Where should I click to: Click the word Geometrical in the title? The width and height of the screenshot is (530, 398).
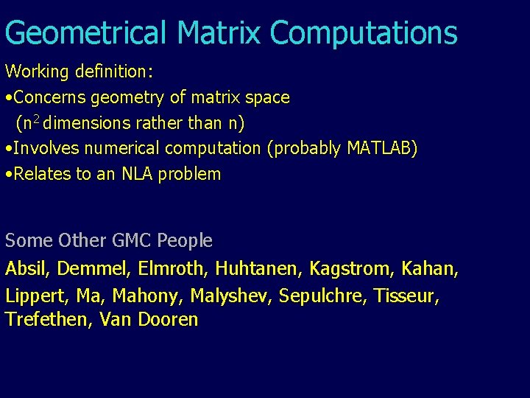click(x=86, y=33)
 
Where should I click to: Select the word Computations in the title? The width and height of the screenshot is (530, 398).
click(x=363, y=33)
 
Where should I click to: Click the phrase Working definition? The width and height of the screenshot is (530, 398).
click(x=79, y=71)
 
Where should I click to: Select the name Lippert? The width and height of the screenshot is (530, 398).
click(x=35, y=296)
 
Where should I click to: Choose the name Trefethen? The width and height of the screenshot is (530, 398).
click(x=46, y=320)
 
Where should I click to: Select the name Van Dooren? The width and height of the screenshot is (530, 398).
click(x=149, y=320)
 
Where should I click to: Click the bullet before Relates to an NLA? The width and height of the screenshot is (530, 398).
click(x=7, y=175)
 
